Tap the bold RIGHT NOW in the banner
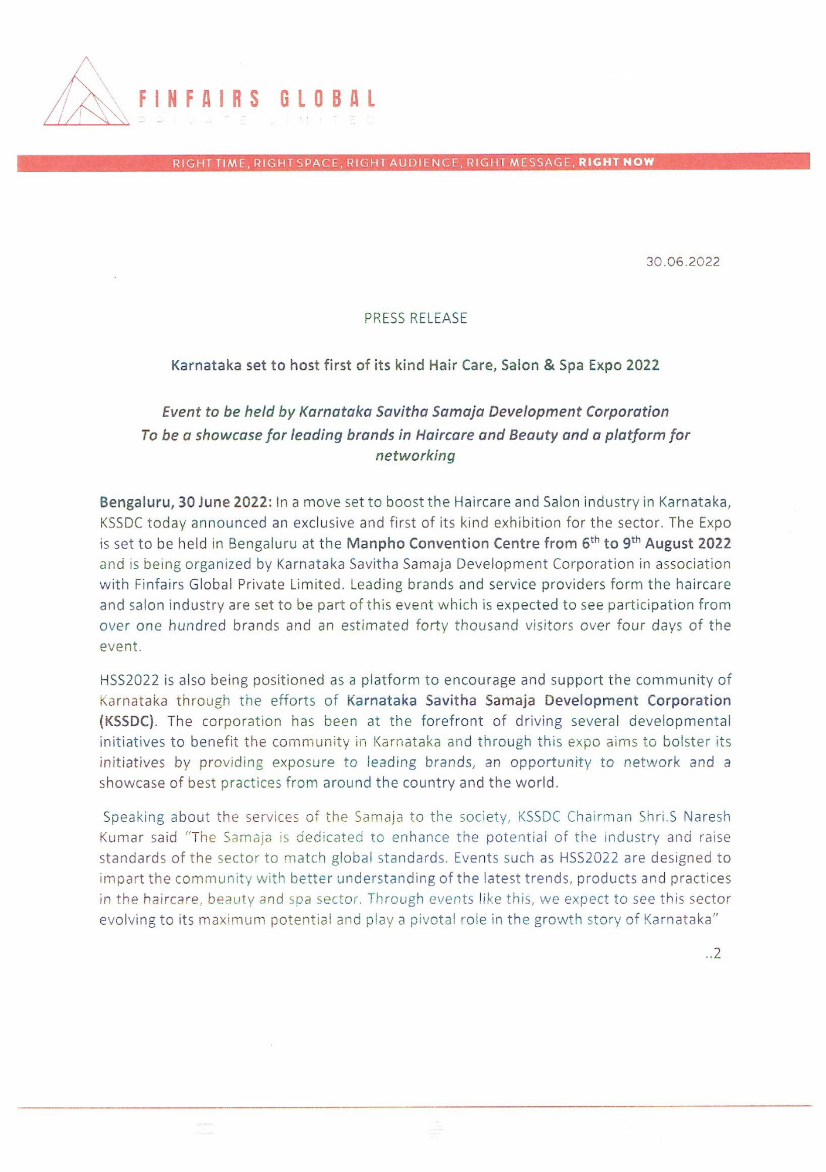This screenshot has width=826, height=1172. pos(616,162)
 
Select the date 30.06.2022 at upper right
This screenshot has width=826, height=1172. pos(683,262)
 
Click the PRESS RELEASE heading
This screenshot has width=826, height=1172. pos(415,318)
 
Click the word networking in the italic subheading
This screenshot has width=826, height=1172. pos(415,456)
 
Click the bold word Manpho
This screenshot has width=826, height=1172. pos(375,543)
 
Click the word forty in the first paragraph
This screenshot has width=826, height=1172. pos(432,625)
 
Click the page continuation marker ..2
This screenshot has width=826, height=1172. pos(713,953)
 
